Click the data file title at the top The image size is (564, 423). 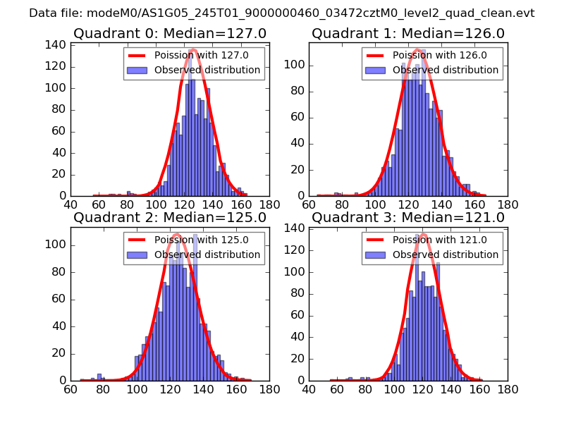click(x=282, y=13)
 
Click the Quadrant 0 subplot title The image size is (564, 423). click(x=170, y=33)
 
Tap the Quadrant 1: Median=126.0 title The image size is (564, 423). click(x=408, y=33)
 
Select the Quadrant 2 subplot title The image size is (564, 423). click(x=170, y=217)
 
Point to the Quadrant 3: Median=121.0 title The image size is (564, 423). click(x=408, y=217)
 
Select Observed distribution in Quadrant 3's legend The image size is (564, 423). click(x=446, y=255)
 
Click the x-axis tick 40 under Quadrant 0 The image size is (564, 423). click(x=70, y=204)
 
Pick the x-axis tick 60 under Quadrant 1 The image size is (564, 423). click(x=309, y=204)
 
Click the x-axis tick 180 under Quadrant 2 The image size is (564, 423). click(x=269, y=388)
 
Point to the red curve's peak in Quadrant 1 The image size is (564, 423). click(x=417, y=49)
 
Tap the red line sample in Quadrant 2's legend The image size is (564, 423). click(x=140, y=240)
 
